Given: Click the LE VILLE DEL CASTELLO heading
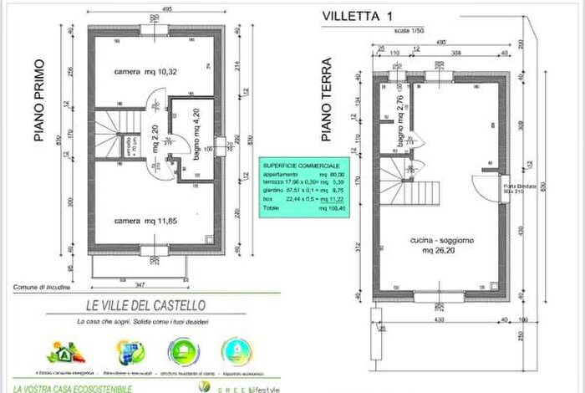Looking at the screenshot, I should tap(140, 307).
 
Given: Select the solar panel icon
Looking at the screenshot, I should tap(130, 351).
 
